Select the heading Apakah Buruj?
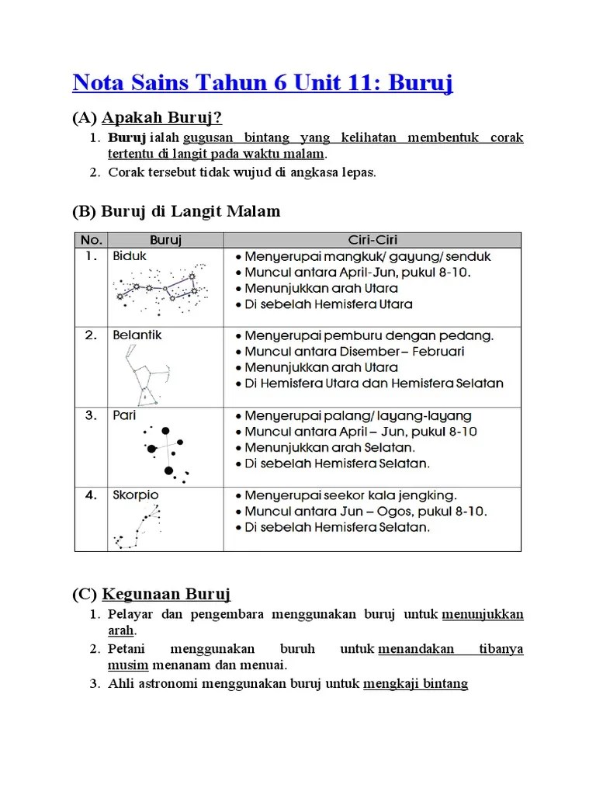coord(161,118)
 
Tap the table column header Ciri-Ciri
coord(372,240)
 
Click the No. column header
coord(91,240)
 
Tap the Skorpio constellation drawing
coord(138,527)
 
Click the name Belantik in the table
coord(137,335)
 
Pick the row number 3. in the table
coord(91,415)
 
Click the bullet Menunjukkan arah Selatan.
coord(330,448)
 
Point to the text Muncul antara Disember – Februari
coord(355,352)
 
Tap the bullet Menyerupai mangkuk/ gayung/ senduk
coord(367,256)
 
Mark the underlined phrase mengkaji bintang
coord(415,684)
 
